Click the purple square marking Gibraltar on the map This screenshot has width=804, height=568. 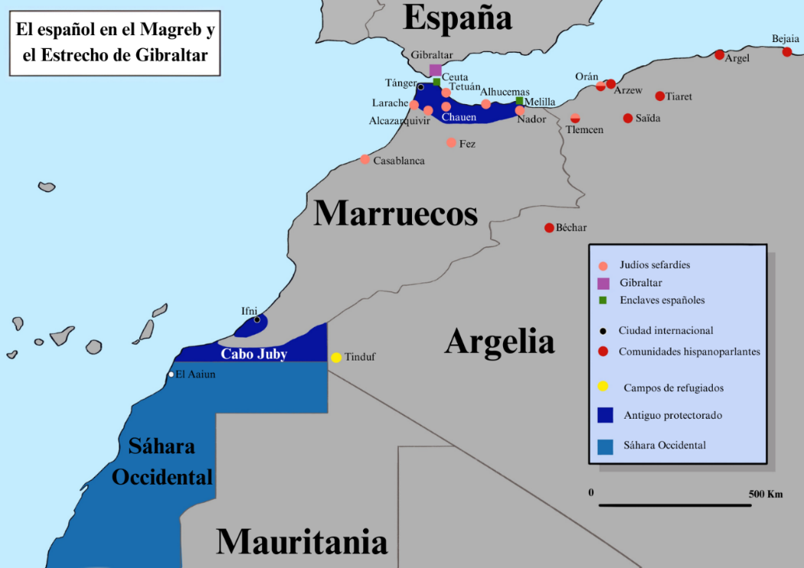pos(435,70)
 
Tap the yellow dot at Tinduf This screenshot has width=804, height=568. pos(336,357)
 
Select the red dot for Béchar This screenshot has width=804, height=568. pos(549,228)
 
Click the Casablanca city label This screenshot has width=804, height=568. pos(398,161)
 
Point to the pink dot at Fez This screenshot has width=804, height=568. pos(451,142)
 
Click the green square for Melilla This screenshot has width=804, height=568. pos(519,100)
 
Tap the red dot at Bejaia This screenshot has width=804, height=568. pos(787,52)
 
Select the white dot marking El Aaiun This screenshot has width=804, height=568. pos(171,374)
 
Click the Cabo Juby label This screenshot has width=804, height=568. pos(253,354)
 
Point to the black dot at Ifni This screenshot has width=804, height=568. pos(257,319)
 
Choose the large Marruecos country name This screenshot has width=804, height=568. pos(395,213)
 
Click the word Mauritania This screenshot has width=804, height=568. pos(302,541)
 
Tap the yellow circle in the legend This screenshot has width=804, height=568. pos(603,386)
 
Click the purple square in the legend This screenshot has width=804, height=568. pos(603,283)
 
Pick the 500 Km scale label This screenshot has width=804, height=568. pos(765,494)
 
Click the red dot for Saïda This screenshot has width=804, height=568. pos(628,118)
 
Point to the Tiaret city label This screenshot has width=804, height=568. pos(678,96)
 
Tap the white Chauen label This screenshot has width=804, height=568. pos(459,117)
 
